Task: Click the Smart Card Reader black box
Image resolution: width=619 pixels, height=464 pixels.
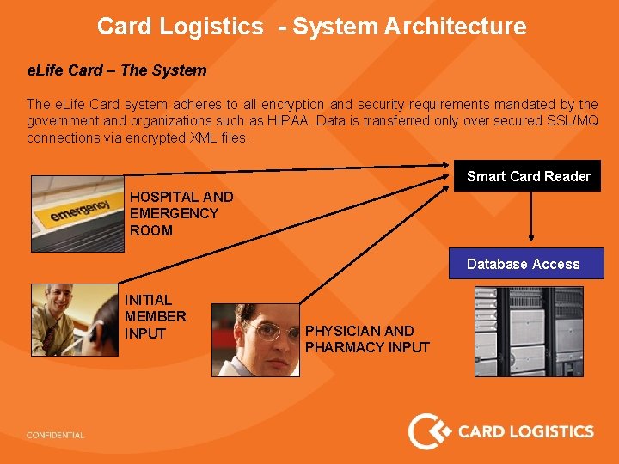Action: tap(528, 176)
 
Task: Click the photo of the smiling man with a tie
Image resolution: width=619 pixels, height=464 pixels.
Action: tap(73, 320)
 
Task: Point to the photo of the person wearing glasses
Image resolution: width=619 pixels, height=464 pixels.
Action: tap(255, 339)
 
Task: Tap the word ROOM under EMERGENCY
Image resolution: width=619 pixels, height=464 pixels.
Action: tap(151, 230)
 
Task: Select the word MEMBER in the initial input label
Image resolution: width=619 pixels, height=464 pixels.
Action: tap(156, 316)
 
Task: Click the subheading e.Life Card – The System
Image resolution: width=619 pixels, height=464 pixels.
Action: tap(117, 70)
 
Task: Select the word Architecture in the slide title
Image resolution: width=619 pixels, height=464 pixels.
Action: tap(455, 27)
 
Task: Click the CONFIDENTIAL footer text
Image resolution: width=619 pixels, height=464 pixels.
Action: tap(56, 436)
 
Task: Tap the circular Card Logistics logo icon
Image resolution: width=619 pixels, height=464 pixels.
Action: tap(427, 431)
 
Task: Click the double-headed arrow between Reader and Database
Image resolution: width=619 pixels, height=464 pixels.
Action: tap(533, 215)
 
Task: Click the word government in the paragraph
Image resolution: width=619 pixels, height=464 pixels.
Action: tap(62, 121)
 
